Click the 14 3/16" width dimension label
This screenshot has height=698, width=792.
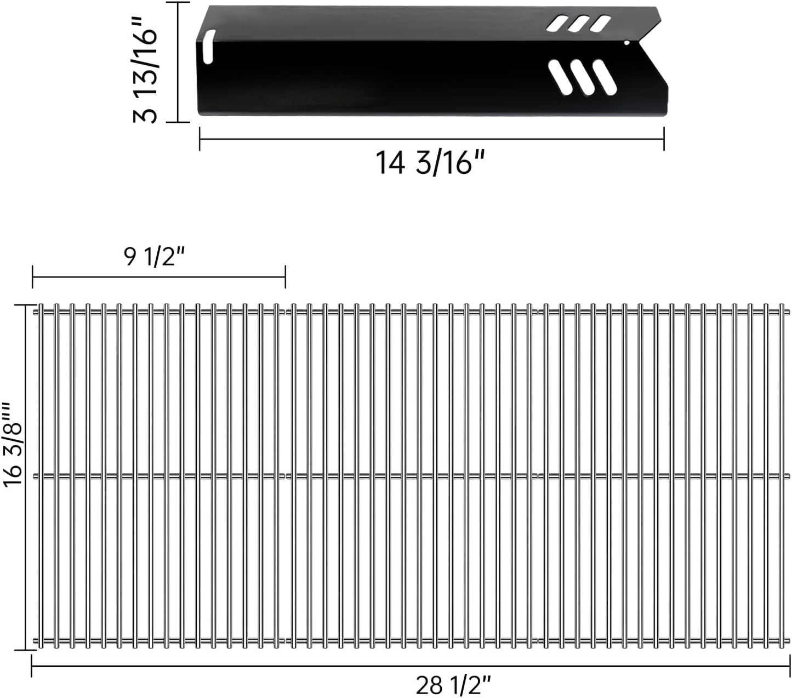pyautogui.click(x=430, y=162)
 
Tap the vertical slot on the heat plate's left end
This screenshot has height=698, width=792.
pyautogui.click(x=208, y=47)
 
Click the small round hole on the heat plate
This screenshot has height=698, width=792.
pyautogui.click(x=626, y=42)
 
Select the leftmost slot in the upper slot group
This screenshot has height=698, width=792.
pyautogui.click(x=559, y=23)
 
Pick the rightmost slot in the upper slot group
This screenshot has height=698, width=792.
pyautogui.click(x=600, y=23)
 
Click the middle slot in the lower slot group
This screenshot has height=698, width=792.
pyautogui.click(x=583, y=77)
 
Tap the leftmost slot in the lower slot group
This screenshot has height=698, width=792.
pyautogui.click(x=561, y=77)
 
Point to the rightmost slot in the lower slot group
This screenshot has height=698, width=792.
pyautogui.click(x=604, y=77)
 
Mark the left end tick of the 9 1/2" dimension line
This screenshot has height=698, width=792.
pyautogui.click(x=33, y=276)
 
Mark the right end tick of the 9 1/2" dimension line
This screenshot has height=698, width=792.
pyautogui.click(x=285, y=276)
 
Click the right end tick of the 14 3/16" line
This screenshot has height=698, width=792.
pyautogui.click(x=664, y=139)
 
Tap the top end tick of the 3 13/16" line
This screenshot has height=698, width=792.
pyautogui.click(x=178, y=2)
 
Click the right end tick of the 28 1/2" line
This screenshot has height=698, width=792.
pyautogui.click(x=789, y=666)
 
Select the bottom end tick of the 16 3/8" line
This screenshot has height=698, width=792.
pyautogui.click(x=25, y=650)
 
